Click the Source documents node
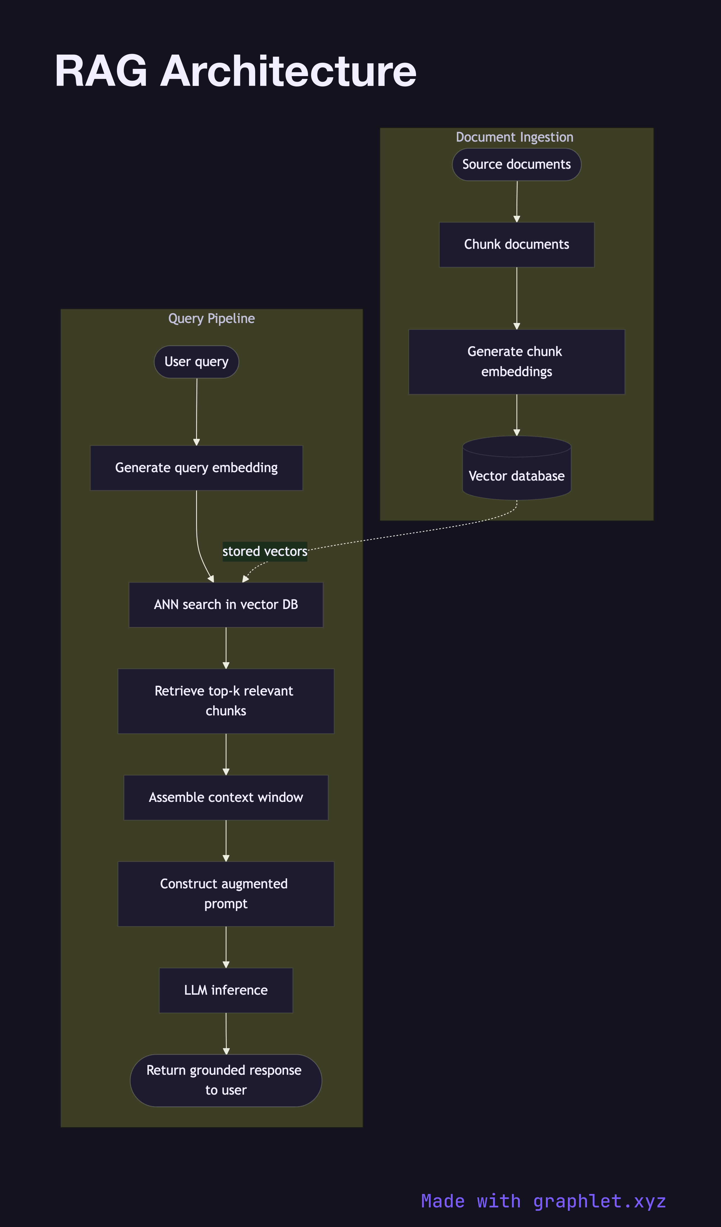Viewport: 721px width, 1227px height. click(x=516, y=165)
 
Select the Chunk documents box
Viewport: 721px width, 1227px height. click(x=516, y=244)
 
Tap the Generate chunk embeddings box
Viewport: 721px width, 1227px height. click(x=516, y=362)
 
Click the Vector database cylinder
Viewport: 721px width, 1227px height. click(x=516, y=472)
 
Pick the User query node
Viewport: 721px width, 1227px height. click(x=196, y=362)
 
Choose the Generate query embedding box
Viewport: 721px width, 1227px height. click(x=196, y=468)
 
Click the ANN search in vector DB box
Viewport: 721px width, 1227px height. click(x=226, y=605)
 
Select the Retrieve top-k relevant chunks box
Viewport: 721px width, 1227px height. click(x=226, y=701)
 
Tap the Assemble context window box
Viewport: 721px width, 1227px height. click(x=226, y=798)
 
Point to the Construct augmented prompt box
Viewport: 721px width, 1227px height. click(x=226, y=894)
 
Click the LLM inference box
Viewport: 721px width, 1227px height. click(x=226, y=991)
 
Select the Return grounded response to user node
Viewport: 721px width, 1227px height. click(x=226, y=1080)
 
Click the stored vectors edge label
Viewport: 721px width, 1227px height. click(x=265, y=552)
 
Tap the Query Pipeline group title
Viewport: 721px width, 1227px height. click(x=211, y=319)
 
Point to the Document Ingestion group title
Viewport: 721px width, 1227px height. click(x=515, y=137)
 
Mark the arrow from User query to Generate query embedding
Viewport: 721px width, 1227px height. click(x=197, y=411)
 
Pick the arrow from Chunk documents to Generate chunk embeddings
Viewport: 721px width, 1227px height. click(x=516, y=298)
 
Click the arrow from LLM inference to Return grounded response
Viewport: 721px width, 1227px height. click(x=226, y=1033)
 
